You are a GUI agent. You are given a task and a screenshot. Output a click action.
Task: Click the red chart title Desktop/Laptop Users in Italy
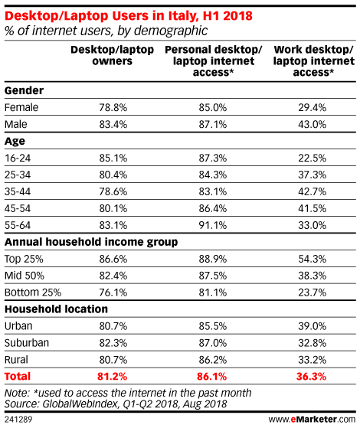(x=129, y=16)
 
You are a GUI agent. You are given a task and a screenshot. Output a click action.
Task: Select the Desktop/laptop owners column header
(x=113, y=55)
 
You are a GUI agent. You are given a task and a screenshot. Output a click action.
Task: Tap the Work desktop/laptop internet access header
(x=314, y=61)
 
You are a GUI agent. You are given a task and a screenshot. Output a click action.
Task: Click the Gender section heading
(x=24, y=90)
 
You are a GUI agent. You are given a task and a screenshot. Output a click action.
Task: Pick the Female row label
(x=21, y=107)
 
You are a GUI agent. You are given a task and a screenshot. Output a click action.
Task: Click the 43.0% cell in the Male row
(x=313, y=125)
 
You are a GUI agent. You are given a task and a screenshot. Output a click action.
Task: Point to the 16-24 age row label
(x=18, y=158)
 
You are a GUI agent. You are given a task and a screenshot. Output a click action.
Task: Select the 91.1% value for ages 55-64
(x=213, y=225)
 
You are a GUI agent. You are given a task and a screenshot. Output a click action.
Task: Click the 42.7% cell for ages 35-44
(x=313, y=191)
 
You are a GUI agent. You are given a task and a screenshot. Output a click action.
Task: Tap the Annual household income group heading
(x=91, y=242)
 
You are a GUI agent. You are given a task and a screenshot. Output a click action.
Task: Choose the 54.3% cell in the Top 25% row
(x=313, y=259)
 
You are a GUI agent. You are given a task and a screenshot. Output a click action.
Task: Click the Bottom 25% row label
(x=33, y=292)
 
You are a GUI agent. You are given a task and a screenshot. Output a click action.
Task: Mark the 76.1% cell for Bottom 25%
(x=113, y=292)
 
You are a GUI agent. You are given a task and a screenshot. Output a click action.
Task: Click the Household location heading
(x=56, y=309)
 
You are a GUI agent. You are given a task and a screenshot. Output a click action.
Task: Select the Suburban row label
(x=27, y=343)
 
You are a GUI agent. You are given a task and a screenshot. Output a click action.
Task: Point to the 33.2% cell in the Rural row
(x=313, y=360)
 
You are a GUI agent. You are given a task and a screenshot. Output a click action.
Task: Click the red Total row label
(x=18, y=377)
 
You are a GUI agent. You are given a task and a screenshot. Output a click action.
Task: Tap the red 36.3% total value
(x=312, y=377)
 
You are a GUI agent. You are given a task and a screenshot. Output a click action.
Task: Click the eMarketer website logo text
(x=312, y=420)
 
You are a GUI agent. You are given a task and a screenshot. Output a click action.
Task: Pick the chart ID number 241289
(x=18, y=420)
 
